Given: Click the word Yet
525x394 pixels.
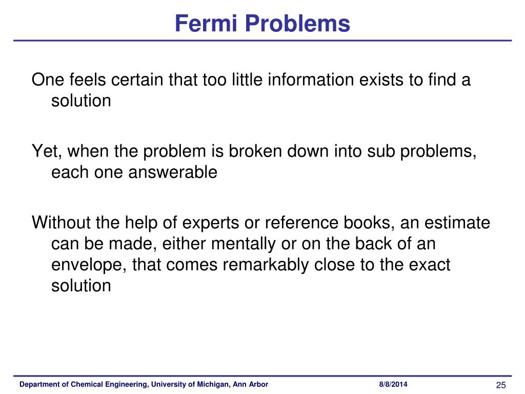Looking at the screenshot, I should click(x=46, y=152).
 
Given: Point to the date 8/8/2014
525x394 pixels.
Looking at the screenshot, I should click(x=394, y=385).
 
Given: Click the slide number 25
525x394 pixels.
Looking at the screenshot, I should click(x=501, y=385).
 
